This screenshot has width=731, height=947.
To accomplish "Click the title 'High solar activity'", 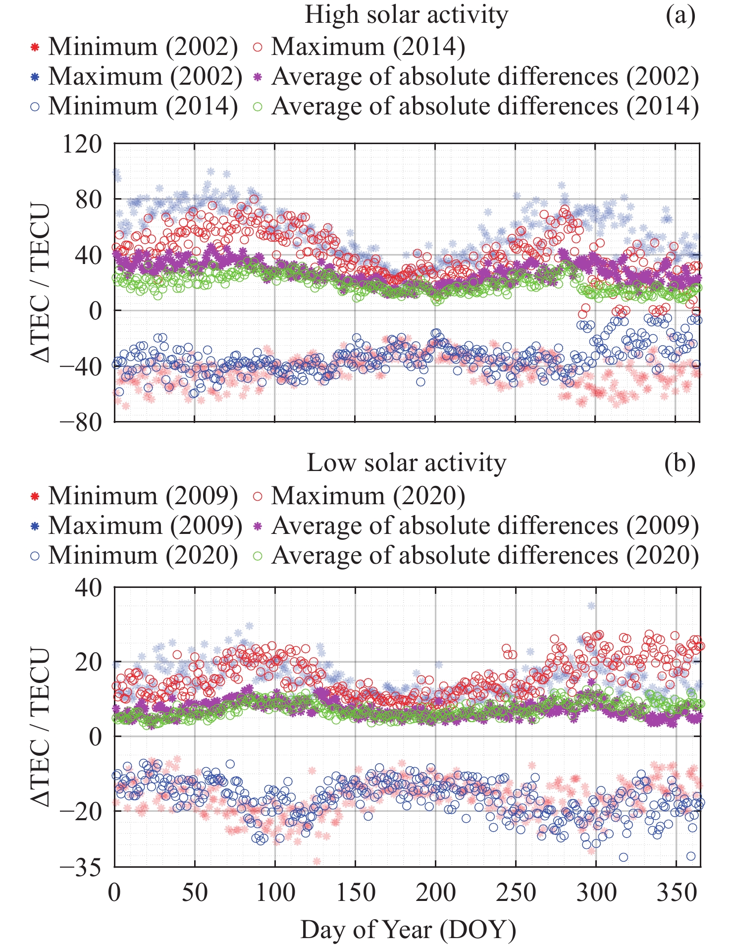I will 406,15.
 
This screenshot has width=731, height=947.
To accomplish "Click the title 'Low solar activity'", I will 406,463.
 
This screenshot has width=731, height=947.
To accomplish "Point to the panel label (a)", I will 680,15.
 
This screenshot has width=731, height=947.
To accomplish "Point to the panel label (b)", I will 680,463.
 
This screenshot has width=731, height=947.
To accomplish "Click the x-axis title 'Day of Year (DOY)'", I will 408,929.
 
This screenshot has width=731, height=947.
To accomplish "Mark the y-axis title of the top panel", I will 41,283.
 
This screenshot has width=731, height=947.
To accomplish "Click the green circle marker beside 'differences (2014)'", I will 258,106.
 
